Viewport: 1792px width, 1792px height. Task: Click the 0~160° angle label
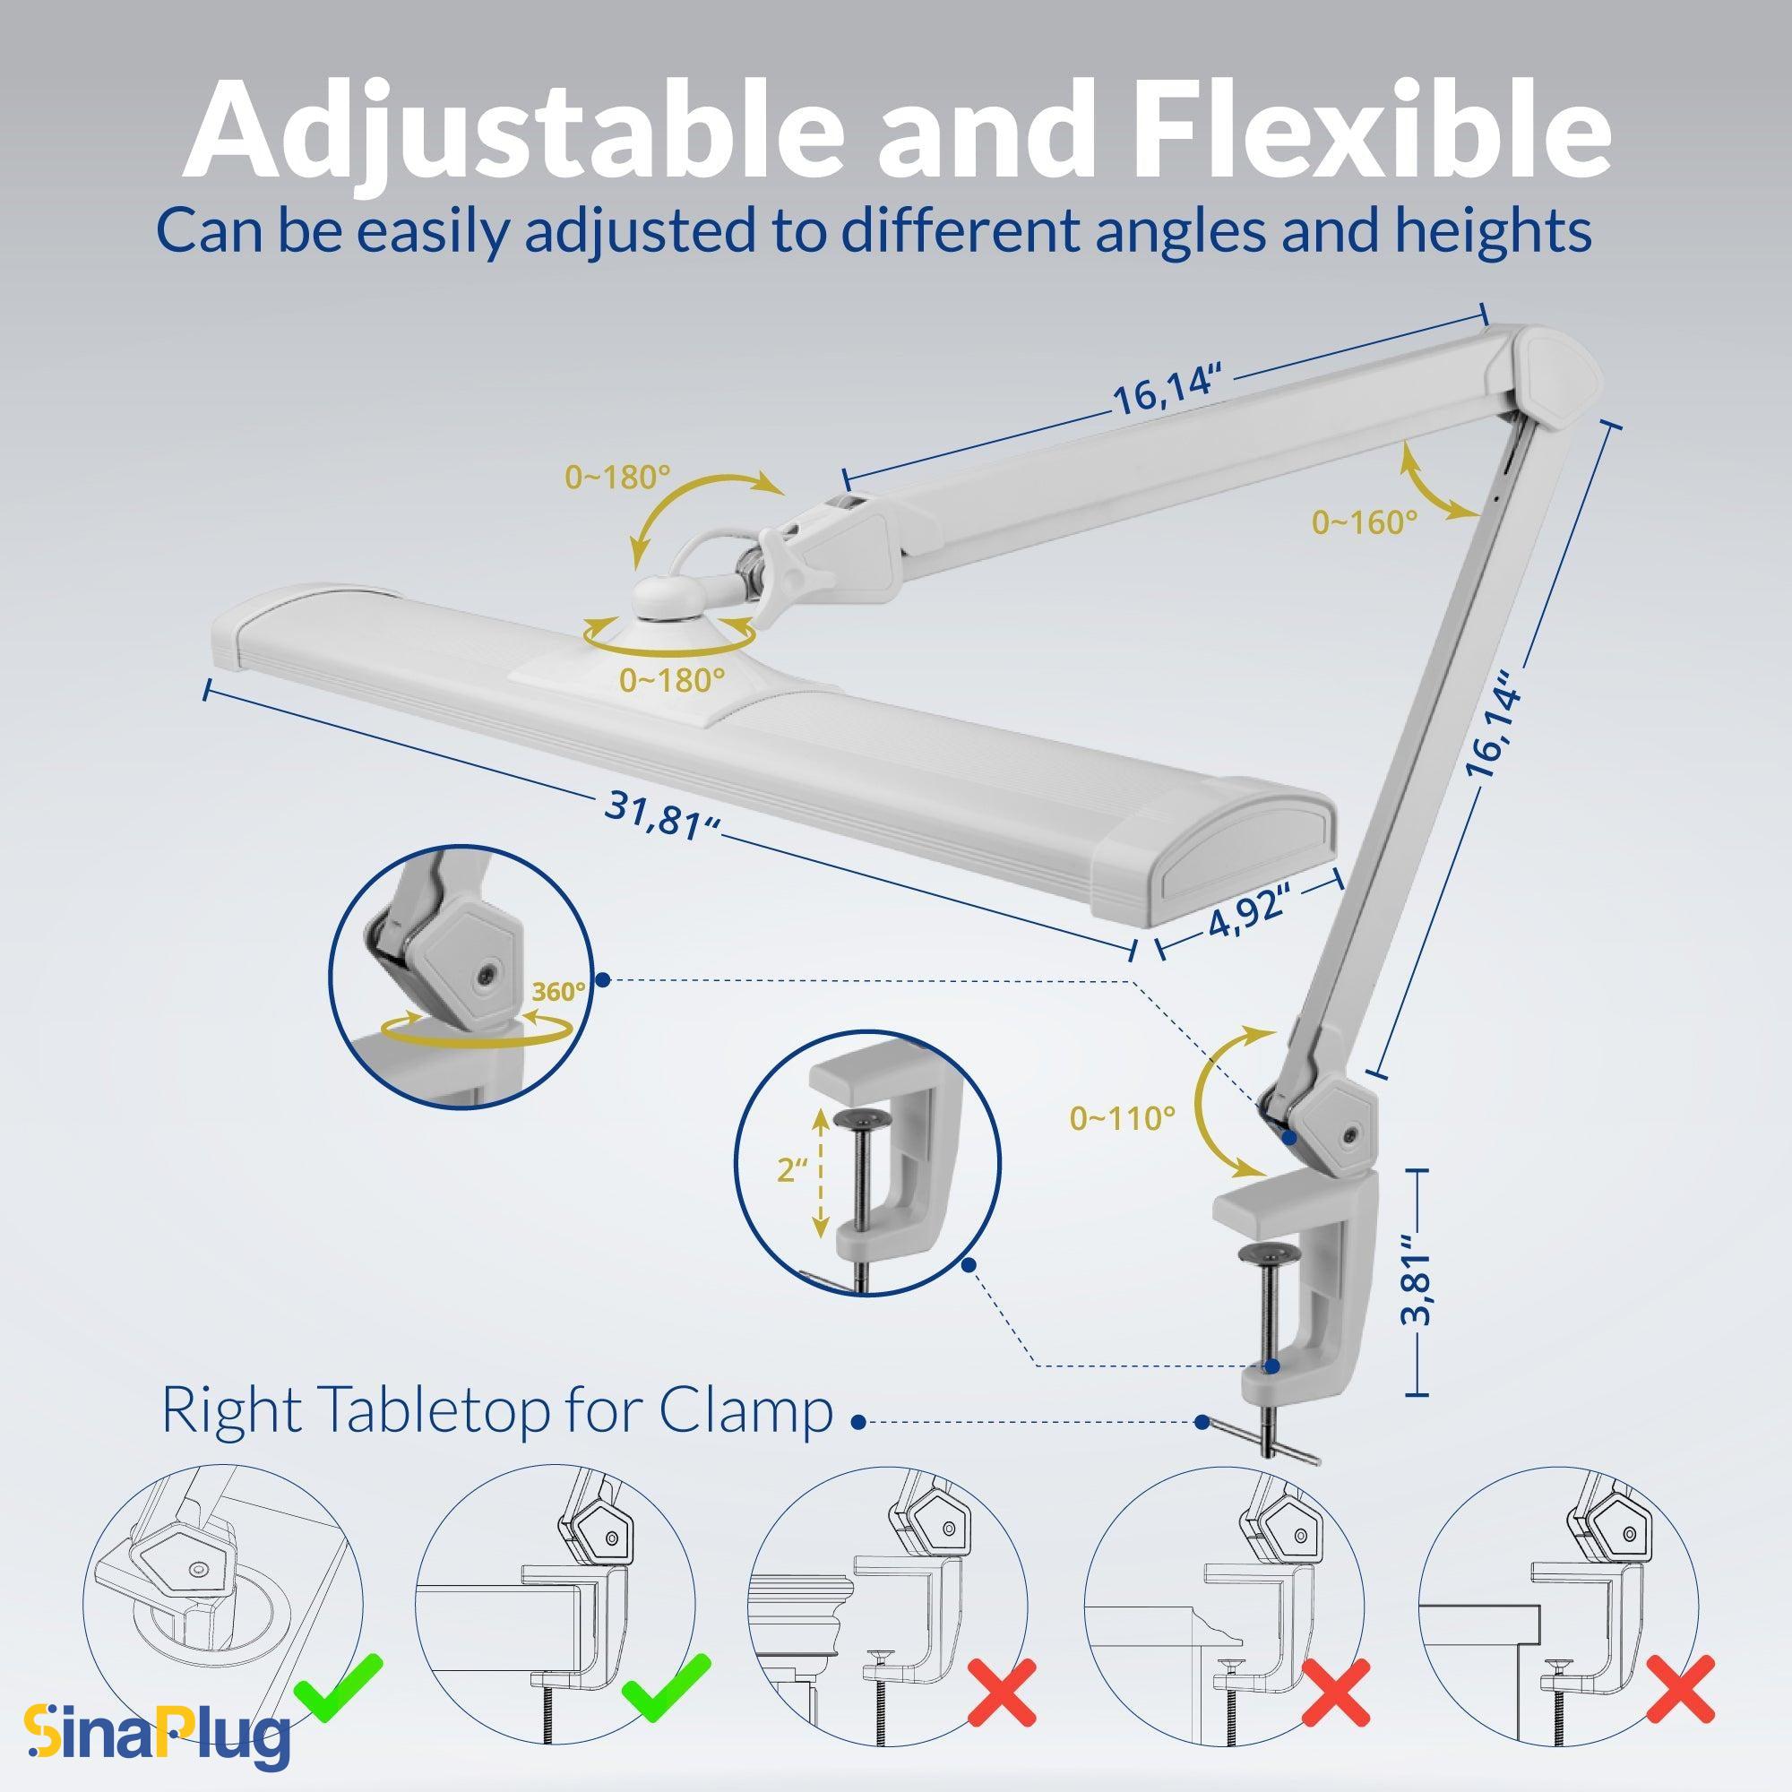pyautogui.click(x=1364, y=522)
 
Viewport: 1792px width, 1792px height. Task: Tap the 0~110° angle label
pyautogui.click(x=1123, y=1118)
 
